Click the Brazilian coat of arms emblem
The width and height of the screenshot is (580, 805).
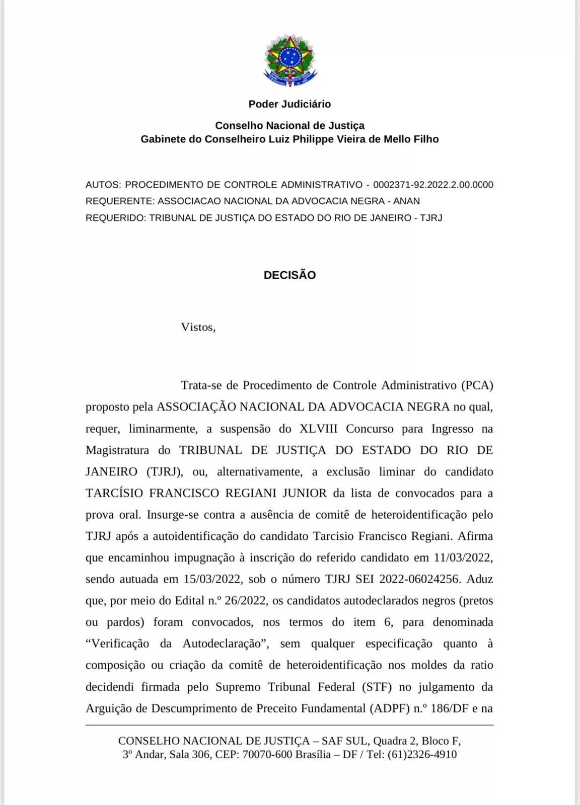click(290, 60)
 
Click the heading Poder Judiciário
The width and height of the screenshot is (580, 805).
click(289, 104)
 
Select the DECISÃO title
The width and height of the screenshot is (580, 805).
click(289, 275)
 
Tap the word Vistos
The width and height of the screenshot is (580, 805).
click(198, 327)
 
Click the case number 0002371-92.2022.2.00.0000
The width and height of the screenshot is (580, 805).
click(433, 185)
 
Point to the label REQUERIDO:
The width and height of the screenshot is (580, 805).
click(116, 218)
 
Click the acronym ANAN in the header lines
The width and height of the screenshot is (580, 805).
click(406, 201)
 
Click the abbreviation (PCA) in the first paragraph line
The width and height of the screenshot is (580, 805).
click(477, 385)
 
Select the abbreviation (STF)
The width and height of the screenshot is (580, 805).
click(377, 687)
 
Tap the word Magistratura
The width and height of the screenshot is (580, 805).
click(117, 450)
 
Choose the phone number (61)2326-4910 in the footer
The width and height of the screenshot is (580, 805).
click(422, 755)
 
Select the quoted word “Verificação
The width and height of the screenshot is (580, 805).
click(117, 644)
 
